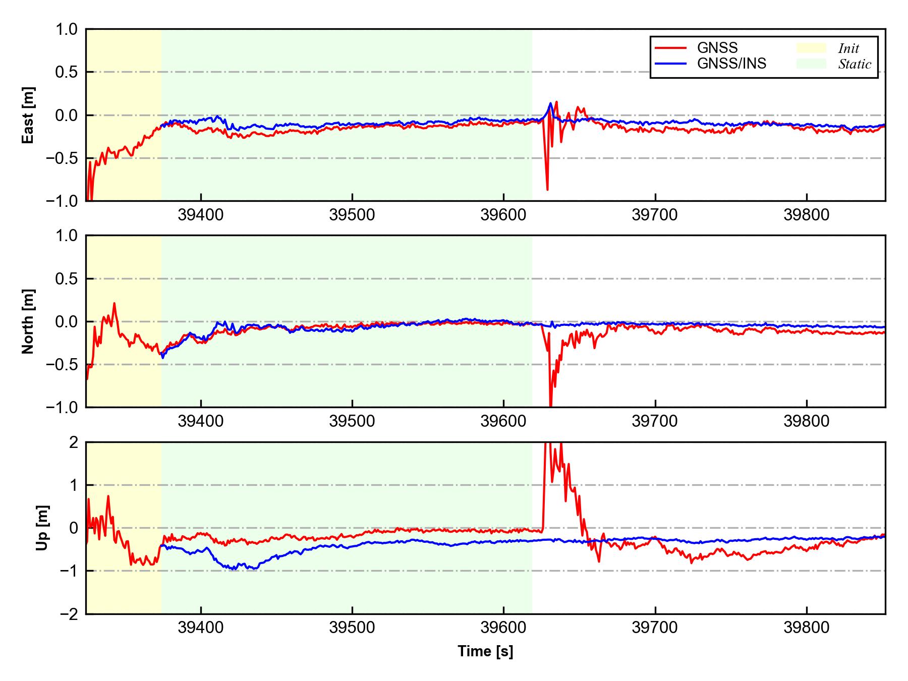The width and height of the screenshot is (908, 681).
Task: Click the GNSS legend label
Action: pyautogui.click(x=717, y=48)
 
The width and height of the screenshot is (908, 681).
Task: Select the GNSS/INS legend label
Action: pyautogui.click(x=731, y=64)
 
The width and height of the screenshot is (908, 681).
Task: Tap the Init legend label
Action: pyautogui.click(x=848, y=48)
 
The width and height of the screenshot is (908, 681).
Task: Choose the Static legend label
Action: pyautogui.click(x=855, y=64)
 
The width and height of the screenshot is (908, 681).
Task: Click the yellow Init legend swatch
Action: pyautogui.click(x=811, y=48)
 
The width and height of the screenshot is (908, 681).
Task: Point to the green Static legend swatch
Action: pyautogui.click(x=811, y=64)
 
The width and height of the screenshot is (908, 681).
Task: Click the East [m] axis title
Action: pyautogui.click(x=28, y=115)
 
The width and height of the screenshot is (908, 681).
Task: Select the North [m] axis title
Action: pyautogui.click(x=28, y=321)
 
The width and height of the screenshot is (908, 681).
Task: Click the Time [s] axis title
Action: pyautogui.click(x=485, y=651)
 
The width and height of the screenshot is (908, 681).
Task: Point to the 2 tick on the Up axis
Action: pyautogui.click(x=74, y=442)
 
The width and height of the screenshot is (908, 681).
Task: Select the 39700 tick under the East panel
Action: pyautogui.click(x=655, y=215)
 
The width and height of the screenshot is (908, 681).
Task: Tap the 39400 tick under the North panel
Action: pyautogui.click(x=201, y=421)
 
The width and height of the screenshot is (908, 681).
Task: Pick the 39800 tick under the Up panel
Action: pyautogui.click(x=806, y=628)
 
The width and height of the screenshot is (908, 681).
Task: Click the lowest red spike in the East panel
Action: pyautogui.click(x=547, y=189)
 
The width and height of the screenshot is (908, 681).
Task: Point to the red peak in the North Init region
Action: pyautogui.click(x=114, y=304)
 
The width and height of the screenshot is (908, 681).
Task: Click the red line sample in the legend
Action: pyautogui.click(x=670, y=48)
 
